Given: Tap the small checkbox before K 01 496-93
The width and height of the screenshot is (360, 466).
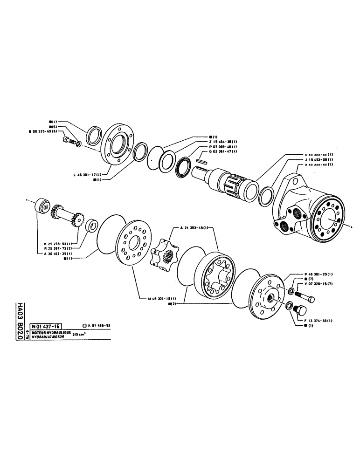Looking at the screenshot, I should coord(83,326).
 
